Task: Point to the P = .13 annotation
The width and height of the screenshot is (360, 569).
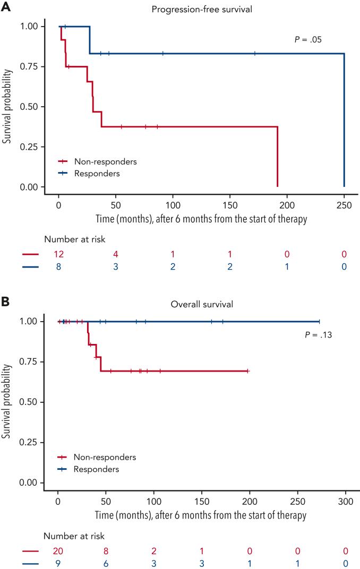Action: (314, 335)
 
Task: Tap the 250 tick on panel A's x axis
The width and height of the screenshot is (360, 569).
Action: (344, 203)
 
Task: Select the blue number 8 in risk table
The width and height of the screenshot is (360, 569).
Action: (58, 267)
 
